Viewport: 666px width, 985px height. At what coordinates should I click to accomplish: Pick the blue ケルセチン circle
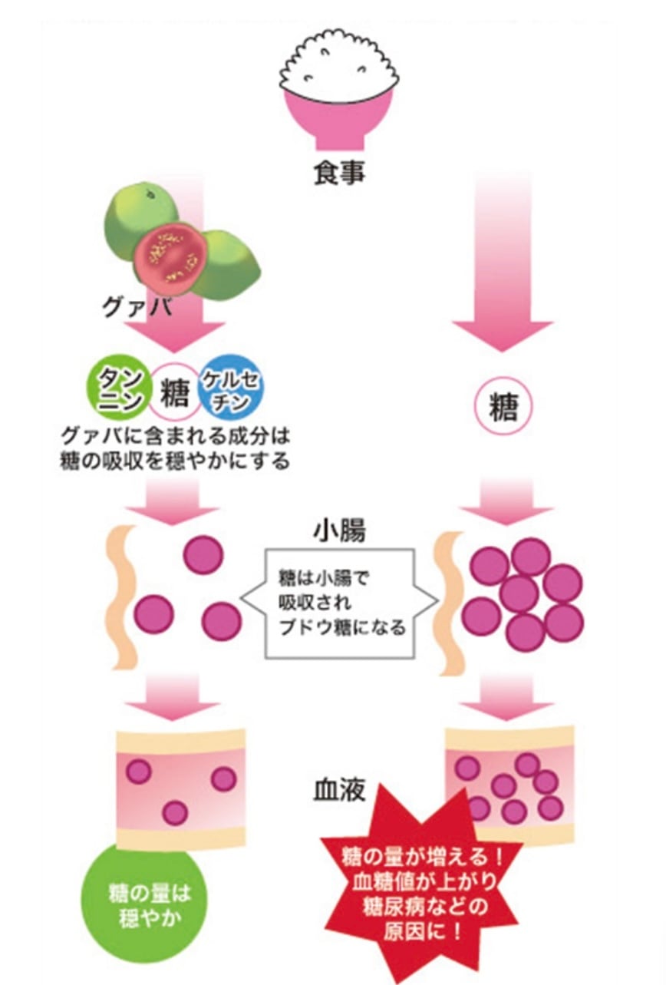click(228, 389)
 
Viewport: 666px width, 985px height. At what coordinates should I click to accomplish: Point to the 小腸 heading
click(338, 531)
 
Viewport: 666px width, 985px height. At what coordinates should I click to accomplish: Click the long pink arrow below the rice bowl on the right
click(503, 261)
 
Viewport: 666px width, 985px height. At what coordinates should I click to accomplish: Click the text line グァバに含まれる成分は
click(176, 439)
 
